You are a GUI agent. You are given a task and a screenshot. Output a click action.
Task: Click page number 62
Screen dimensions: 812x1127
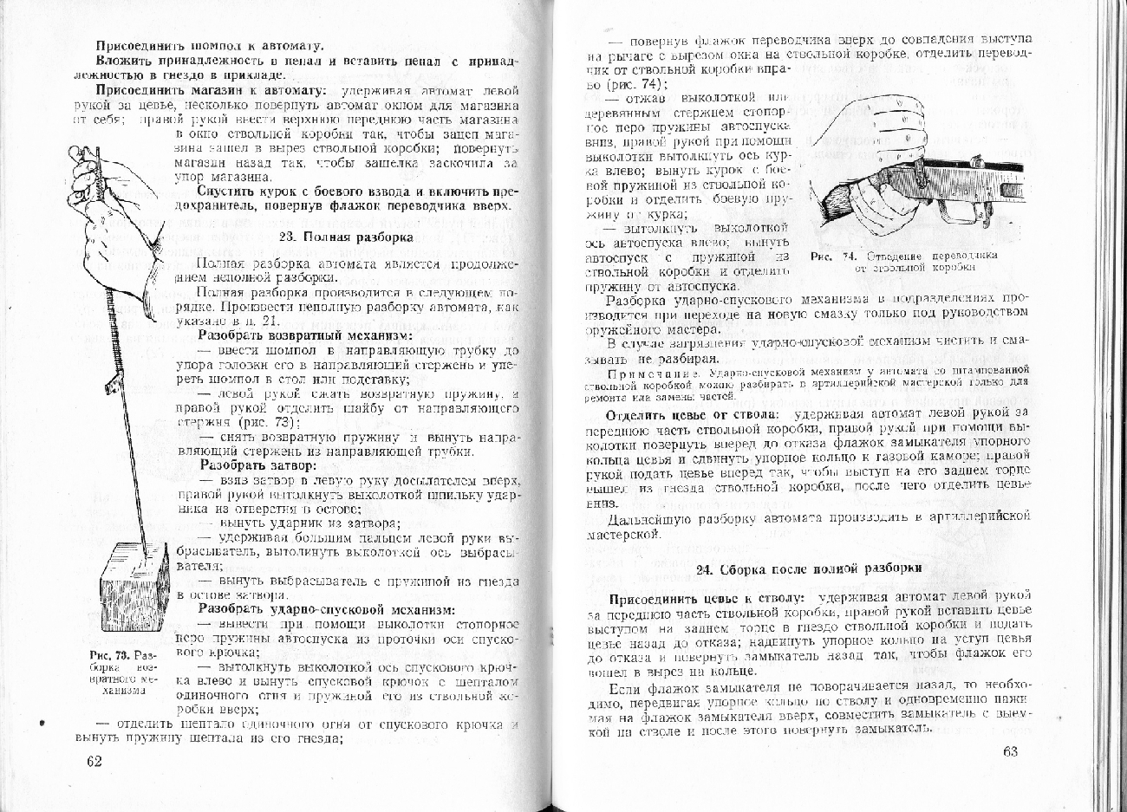point(94,761)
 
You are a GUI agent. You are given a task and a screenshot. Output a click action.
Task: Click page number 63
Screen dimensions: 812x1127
point(1011,751)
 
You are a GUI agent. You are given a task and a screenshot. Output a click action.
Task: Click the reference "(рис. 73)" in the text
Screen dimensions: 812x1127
point(269,423)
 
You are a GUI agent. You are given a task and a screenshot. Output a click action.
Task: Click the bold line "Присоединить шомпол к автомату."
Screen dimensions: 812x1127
point(210,45)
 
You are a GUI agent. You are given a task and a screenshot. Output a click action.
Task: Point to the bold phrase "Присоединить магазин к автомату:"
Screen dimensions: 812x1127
point(211,90)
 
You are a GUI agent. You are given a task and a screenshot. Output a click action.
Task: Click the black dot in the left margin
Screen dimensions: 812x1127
point(42,720)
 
